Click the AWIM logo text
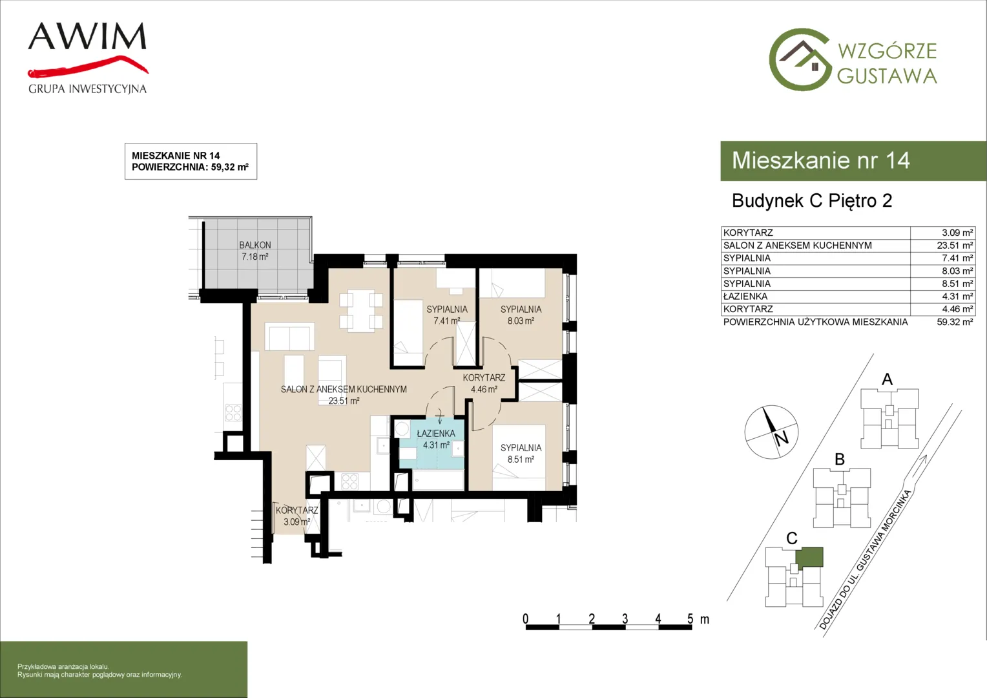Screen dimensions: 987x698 (87, 36)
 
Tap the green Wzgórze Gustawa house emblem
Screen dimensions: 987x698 (800, 59)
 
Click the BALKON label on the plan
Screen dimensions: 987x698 (255, 245)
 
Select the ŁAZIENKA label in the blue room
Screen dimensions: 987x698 (436, 434)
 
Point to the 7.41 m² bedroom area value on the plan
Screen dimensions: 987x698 (447, 321)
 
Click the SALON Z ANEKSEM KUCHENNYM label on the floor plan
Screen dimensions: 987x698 (344, 389)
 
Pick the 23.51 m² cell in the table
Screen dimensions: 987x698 (955, 245)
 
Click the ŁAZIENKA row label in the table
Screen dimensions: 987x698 (745, 296)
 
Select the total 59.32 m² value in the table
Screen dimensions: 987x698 (955, 322)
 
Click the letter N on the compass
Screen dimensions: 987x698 (781, 439)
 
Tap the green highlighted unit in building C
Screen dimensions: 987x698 (809, 557)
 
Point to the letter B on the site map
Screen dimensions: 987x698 (840, 460)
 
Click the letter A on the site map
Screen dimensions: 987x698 (887, 379)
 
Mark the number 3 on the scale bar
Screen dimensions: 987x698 (625, 619)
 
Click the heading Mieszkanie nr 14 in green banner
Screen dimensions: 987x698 (821, 160)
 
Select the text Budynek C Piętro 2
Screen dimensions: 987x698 (812, 200)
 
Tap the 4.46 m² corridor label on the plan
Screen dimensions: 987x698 (484, 389)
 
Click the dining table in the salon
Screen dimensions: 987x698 (361, 310)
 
